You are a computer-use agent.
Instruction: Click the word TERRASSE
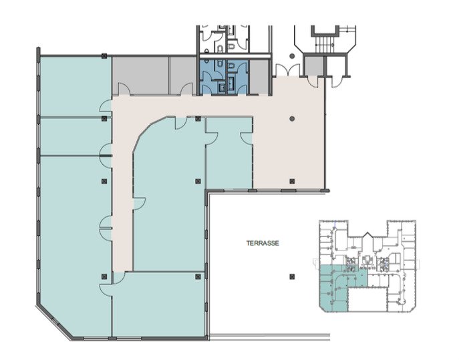(x=263, y=243)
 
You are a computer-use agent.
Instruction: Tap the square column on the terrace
(x=292, y=277)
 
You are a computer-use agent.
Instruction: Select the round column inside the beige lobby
(x=292, y=118)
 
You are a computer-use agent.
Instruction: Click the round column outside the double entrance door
(x=292, y=56)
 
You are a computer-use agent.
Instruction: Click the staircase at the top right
(x=324, y=44)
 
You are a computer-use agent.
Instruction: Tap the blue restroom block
(x=224, y=77)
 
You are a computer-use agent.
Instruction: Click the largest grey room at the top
(x=141, y=75)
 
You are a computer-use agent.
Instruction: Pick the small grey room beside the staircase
(x=313, y=65)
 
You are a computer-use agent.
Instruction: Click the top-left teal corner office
(x=75, y=86)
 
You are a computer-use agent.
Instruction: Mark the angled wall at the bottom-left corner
(x=54, y=322)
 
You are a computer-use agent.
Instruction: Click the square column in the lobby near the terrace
(x=292, y=182)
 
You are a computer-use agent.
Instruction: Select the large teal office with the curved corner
(x=168, y=194)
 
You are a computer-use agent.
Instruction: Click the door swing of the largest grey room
(x=124, y=89)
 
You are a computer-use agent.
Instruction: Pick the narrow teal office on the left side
(x=75, y=137)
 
